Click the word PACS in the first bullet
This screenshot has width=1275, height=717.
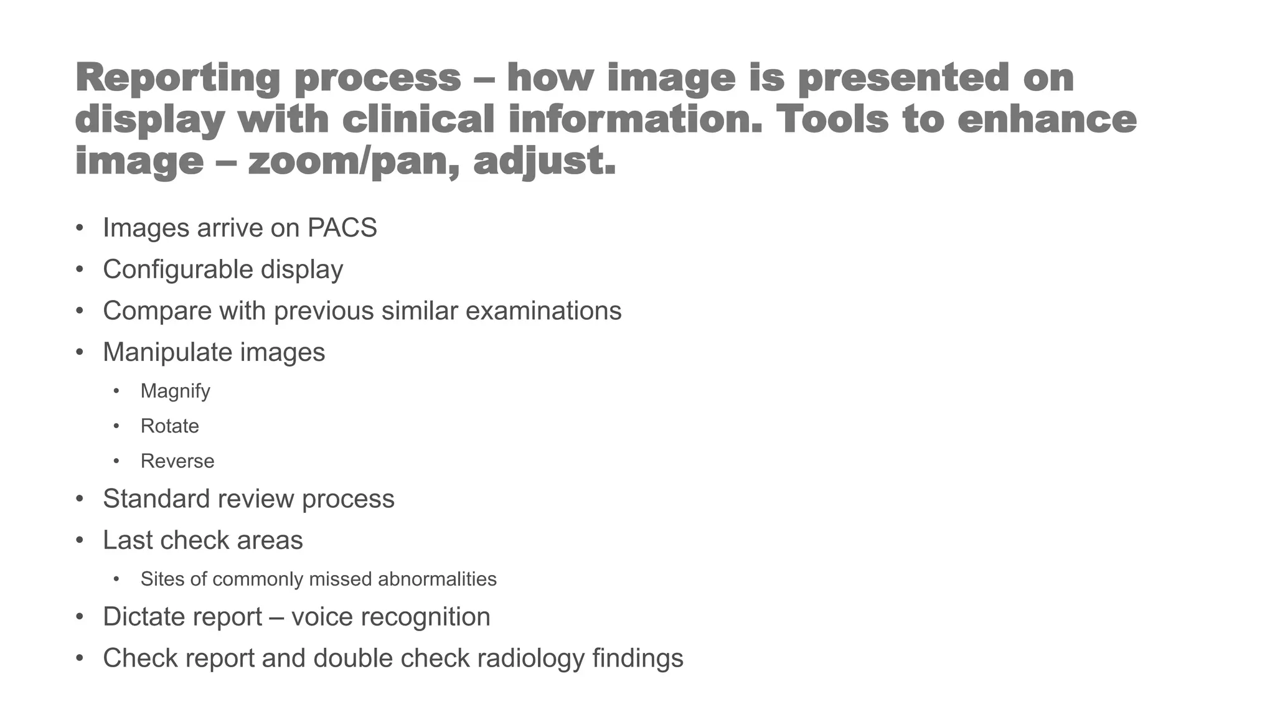pos(342,228)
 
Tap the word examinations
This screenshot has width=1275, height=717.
pos(543,311)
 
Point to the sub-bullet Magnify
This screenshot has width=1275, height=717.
pos(175,391)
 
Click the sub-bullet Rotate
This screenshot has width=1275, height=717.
pos(169,426)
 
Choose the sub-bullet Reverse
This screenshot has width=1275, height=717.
pos(177,461)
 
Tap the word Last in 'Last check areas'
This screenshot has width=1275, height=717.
pos(127,540)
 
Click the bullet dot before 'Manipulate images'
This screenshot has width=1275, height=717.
pos(79,352)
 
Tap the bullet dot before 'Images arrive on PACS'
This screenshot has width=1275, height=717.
pos(79,228)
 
